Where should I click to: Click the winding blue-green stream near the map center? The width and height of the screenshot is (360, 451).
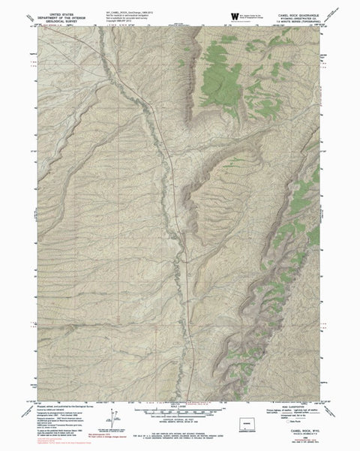click(162, 188)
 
